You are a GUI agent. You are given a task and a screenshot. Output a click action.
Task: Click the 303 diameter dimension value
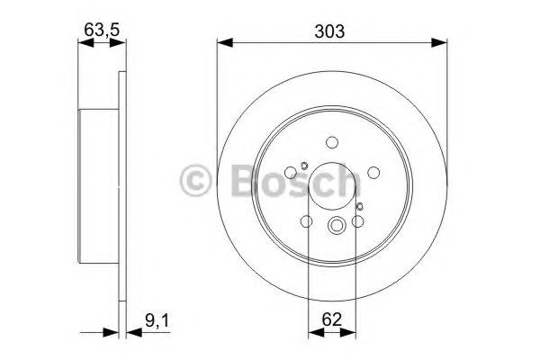pyautogui.click(x=329, y=31)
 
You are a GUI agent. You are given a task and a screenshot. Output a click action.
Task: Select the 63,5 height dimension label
pyautogui.click(x=102, y=30)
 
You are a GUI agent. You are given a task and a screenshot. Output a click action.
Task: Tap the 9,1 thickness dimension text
pyautogui.click(x=157, y=320)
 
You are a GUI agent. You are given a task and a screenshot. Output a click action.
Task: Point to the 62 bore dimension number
pyautogui.click(x=331, y=319)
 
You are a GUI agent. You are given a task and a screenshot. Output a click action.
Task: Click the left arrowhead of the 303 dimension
pyautogui.click(x=225, y=42)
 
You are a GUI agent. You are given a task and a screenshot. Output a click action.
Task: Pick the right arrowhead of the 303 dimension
pyautogui.click(x=439, y=42)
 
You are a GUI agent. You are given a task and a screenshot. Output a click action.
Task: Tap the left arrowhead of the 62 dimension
pyautogui.click(x=316, y=332)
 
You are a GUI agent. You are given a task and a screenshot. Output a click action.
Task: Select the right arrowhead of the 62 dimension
pyautogui.click(x=347, y=332)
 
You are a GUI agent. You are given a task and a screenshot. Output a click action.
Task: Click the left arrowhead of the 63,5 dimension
pyautogui.click(x=86, y=42)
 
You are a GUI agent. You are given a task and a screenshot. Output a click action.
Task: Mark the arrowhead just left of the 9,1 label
pyautogui.click(x=134, y=332)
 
